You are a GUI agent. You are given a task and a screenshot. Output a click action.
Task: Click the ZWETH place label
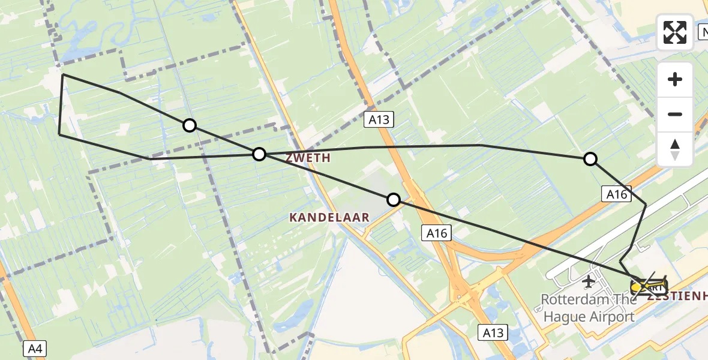pos(308,158)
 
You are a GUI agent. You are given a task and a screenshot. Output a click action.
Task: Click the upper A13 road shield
pos(379,119)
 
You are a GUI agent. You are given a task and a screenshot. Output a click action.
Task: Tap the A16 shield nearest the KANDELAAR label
pos(437,233)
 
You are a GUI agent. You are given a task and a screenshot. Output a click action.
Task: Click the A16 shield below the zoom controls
pos(617,194)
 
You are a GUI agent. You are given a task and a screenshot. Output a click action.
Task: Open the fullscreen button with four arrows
pos(675,32)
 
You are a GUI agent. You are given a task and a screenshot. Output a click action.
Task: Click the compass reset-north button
pos(675,149)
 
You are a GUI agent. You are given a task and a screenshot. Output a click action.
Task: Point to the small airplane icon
pos(589,280)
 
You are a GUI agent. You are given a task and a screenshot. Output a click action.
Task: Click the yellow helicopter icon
pos(649,286)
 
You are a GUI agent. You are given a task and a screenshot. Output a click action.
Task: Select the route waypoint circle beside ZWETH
pos(259,154)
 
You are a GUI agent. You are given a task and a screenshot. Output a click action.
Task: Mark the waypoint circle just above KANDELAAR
pos(394,200)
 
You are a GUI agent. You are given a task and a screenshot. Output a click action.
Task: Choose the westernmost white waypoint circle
pos(190,125)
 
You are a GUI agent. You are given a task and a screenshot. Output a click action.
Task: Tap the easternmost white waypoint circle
pos(590,158)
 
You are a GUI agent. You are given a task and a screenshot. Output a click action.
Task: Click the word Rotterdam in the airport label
pos(573,299)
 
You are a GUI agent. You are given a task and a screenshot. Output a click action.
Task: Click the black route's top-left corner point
pos(62,74)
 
